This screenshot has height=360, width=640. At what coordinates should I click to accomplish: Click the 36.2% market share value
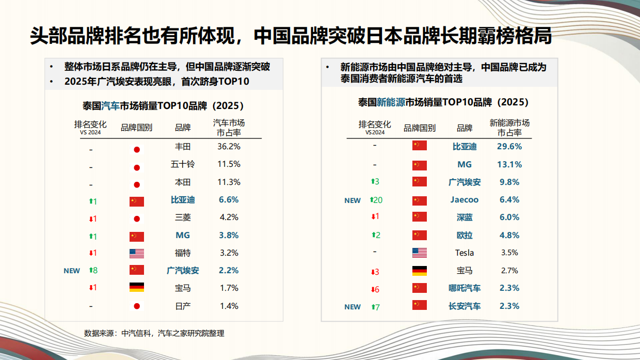(x=229, y=147)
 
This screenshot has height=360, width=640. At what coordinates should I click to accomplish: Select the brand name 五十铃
(x=183, y=164)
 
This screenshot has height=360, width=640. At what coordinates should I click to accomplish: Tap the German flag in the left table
(x=137, y=288)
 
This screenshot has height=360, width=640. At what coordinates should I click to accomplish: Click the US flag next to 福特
(x=137, y=253)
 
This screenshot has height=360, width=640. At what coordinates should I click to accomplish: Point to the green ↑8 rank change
(x=93, y=270)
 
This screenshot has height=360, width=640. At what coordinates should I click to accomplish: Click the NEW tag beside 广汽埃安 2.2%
(x=72, y=271)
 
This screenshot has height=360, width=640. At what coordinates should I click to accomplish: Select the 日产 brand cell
(x=183, y=306)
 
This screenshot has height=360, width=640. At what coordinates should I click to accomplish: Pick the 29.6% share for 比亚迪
(x=509, y=147)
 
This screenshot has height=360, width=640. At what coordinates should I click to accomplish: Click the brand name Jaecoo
(x=465, y=200)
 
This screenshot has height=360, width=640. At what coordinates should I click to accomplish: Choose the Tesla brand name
(x=465, y=253)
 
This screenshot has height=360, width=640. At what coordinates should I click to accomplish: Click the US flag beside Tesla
(x=420, y=253)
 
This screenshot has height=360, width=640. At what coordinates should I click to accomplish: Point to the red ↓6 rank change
(x=375, y=289)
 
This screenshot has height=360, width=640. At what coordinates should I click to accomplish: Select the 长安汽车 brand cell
(x=465, y=306)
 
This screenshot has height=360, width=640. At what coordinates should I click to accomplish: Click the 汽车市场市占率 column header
(x=229, y=128)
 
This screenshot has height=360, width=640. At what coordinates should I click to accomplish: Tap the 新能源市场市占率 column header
(x=509, y=128)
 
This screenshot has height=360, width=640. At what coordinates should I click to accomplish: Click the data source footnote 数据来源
(x=154, y=333)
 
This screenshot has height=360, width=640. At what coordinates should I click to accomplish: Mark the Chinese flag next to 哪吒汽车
(x=420, y=288)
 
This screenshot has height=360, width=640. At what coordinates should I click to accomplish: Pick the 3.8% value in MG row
(x=229, y=235)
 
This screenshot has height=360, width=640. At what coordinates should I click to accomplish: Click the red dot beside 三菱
(x=137, y=218)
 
